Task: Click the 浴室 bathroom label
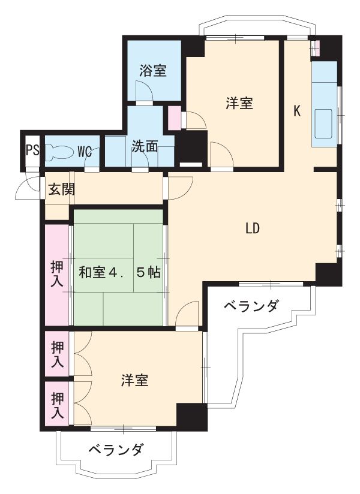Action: tap(153, 70)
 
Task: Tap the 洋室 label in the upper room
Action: tap(239, 103)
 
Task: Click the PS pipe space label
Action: tap(32, 150)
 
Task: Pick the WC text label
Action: tap(85, 150)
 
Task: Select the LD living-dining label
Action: tap(251, 228)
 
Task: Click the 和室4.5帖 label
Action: tap(119, 272)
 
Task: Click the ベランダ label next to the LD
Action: tap(251, 306)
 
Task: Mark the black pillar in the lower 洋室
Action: tap(191, 416)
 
